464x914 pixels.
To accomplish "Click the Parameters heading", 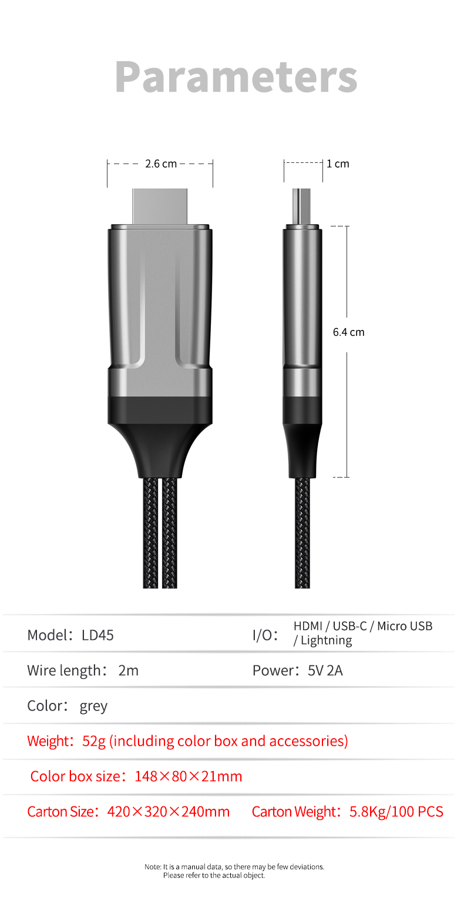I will pyautogui.click(x=236, y=77).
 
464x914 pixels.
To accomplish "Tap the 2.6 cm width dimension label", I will pyautogui.click(x=160, y=164).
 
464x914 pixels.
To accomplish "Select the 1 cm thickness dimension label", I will pyautogui.click(x=338, y=164).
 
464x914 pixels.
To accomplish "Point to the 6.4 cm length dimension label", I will pyautogui.click(x=348, y=332).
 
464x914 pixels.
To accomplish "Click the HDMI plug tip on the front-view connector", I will pyautogui.click(x=160, y=206).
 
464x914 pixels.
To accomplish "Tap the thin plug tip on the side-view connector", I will pyautogui.click(x=302, y=206).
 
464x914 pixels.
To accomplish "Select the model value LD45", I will pyautogui.click(x=97, y=635).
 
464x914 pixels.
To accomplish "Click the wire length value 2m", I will pyautogui.click(x=128, y=671).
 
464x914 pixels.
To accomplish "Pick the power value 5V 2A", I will pyautogui.click(x=325, y=671).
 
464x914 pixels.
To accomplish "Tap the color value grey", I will pyautogui.click(x=93, y=706).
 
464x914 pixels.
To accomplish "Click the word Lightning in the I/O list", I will pyautogui.click(x=326, y=641).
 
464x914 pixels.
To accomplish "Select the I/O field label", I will pyautogui.click(x=265, y=635).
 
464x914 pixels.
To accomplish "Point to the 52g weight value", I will pyautogui.click(x=93, y=741).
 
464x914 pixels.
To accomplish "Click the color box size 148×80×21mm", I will pyautogui.click(x=188, y=776).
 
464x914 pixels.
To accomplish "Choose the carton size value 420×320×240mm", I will pyautogui.click(x=168, y=812).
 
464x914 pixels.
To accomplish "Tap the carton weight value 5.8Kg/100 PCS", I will pyautogui.click(x=396, y=812).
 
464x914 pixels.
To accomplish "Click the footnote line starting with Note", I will pyautogui.click(x=234, y=866).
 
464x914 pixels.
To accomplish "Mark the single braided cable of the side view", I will pyautogui.click(x=302, y=532).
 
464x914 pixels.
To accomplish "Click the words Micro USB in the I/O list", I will pyautogui.click(x=405, y=626).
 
